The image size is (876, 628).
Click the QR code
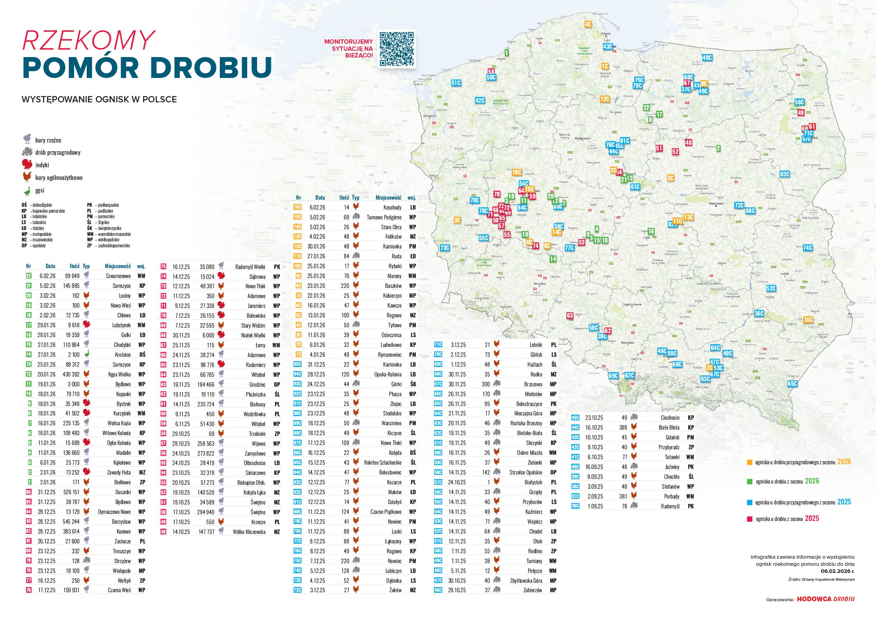pyautogui.click(x=397, y=49)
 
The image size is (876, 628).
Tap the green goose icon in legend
pyautogui.click(x=27, y=191)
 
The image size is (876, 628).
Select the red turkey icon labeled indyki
pyautogui.click(x=27, y=165)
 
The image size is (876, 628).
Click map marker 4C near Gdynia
pyautogui.click(x=588, y=24)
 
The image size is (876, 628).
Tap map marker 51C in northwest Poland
pyautogui.click(x=456, y=83)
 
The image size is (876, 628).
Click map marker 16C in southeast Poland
pyautogui.click(x=808, y=320)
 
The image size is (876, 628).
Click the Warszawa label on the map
pyautogui.click(x=716, y=204)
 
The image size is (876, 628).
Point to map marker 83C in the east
pyautogui.click(x=785, y=174)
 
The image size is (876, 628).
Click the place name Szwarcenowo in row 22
pyautogui.click(x=118, y=276)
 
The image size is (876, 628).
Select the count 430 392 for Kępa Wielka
pyautogui.click(x=71, y=374)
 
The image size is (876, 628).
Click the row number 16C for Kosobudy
pyautogui.click(x=297, y=207)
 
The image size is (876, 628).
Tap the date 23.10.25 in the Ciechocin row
pyautogui.click(x=594, y=418)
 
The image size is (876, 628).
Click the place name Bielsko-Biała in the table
pyautogui.click(x=529, y=433)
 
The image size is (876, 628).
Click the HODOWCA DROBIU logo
pyautogui.click(x=826, y=599)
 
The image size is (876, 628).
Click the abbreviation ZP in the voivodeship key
pyautogui.click(x=89, y=246)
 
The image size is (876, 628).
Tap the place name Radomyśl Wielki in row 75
pyautogui.click(x=250, y=267)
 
